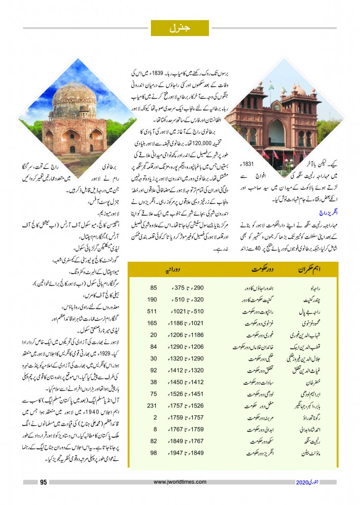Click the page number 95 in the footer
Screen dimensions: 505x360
pyautogui.click(x=43, y=482)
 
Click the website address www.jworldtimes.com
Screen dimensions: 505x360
pyautogui.click(x=180, y=482)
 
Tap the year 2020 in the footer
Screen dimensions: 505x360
pyautogui.click(x=303, y=482)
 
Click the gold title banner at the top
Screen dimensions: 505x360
pyautogui.click(x=180, y=28)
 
